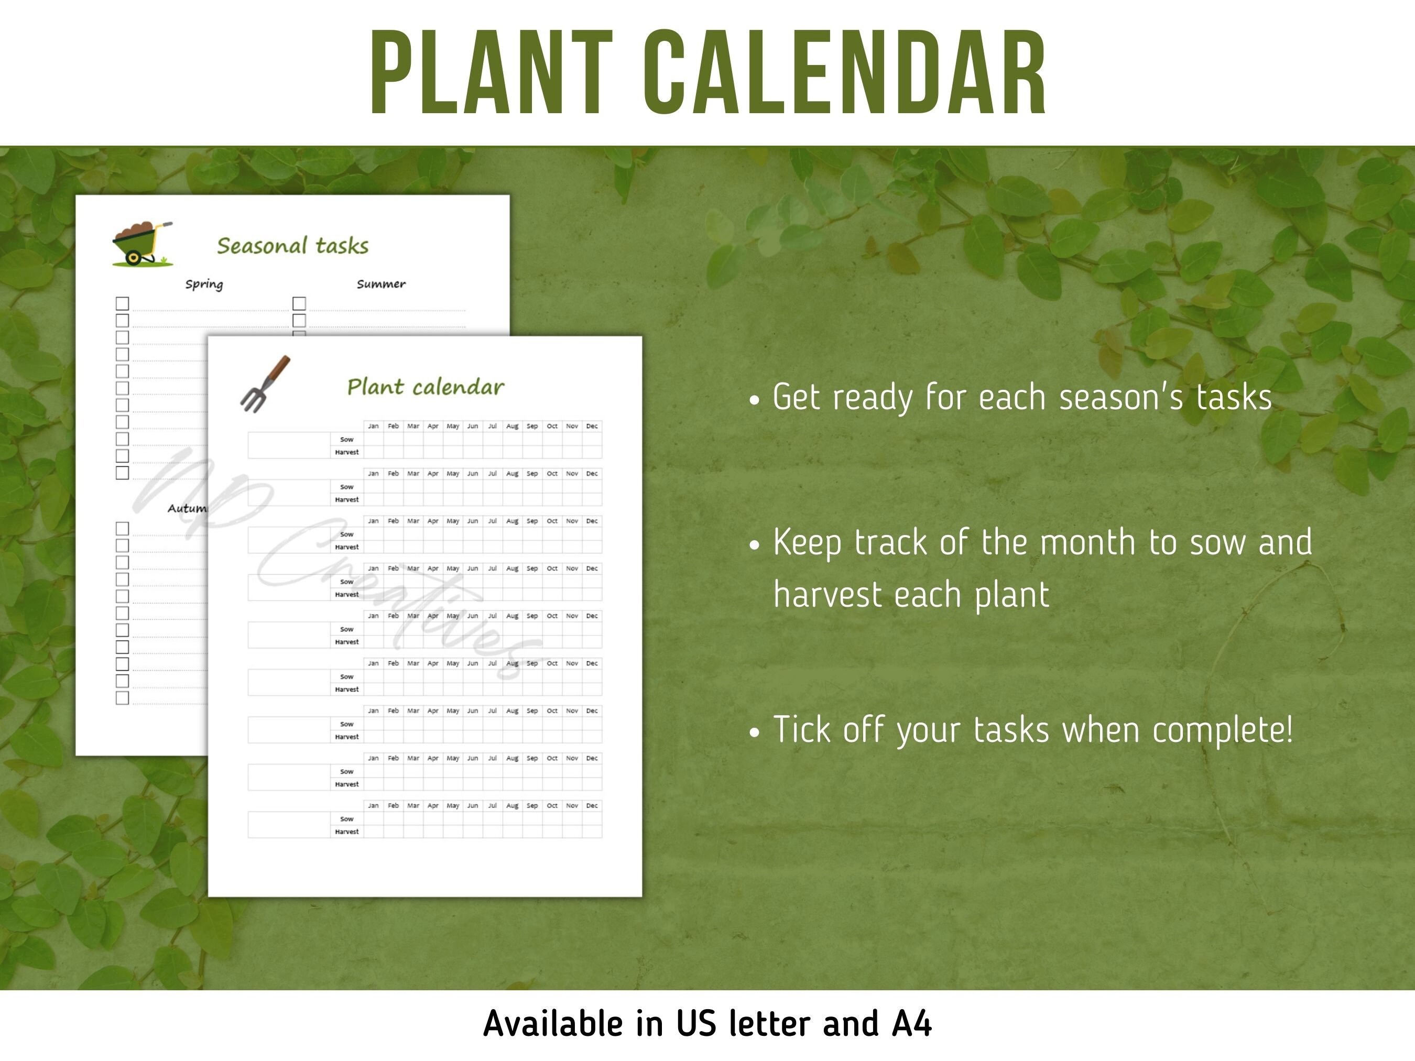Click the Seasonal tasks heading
tap(292, 246)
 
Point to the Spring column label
tap(204, 284)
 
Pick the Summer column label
tap(380, 284)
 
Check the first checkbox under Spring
tap(122, 303)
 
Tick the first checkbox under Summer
tap(299, 303)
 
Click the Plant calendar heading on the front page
tap(426, 387)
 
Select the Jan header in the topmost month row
tap(373, 426)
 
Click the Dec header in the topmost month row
tap(592, 426)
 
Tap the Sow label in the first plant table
tap(347, 440)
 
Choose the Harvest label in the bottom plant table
tap(347, 832)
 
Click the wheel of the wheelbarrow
tap(133, 258)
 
